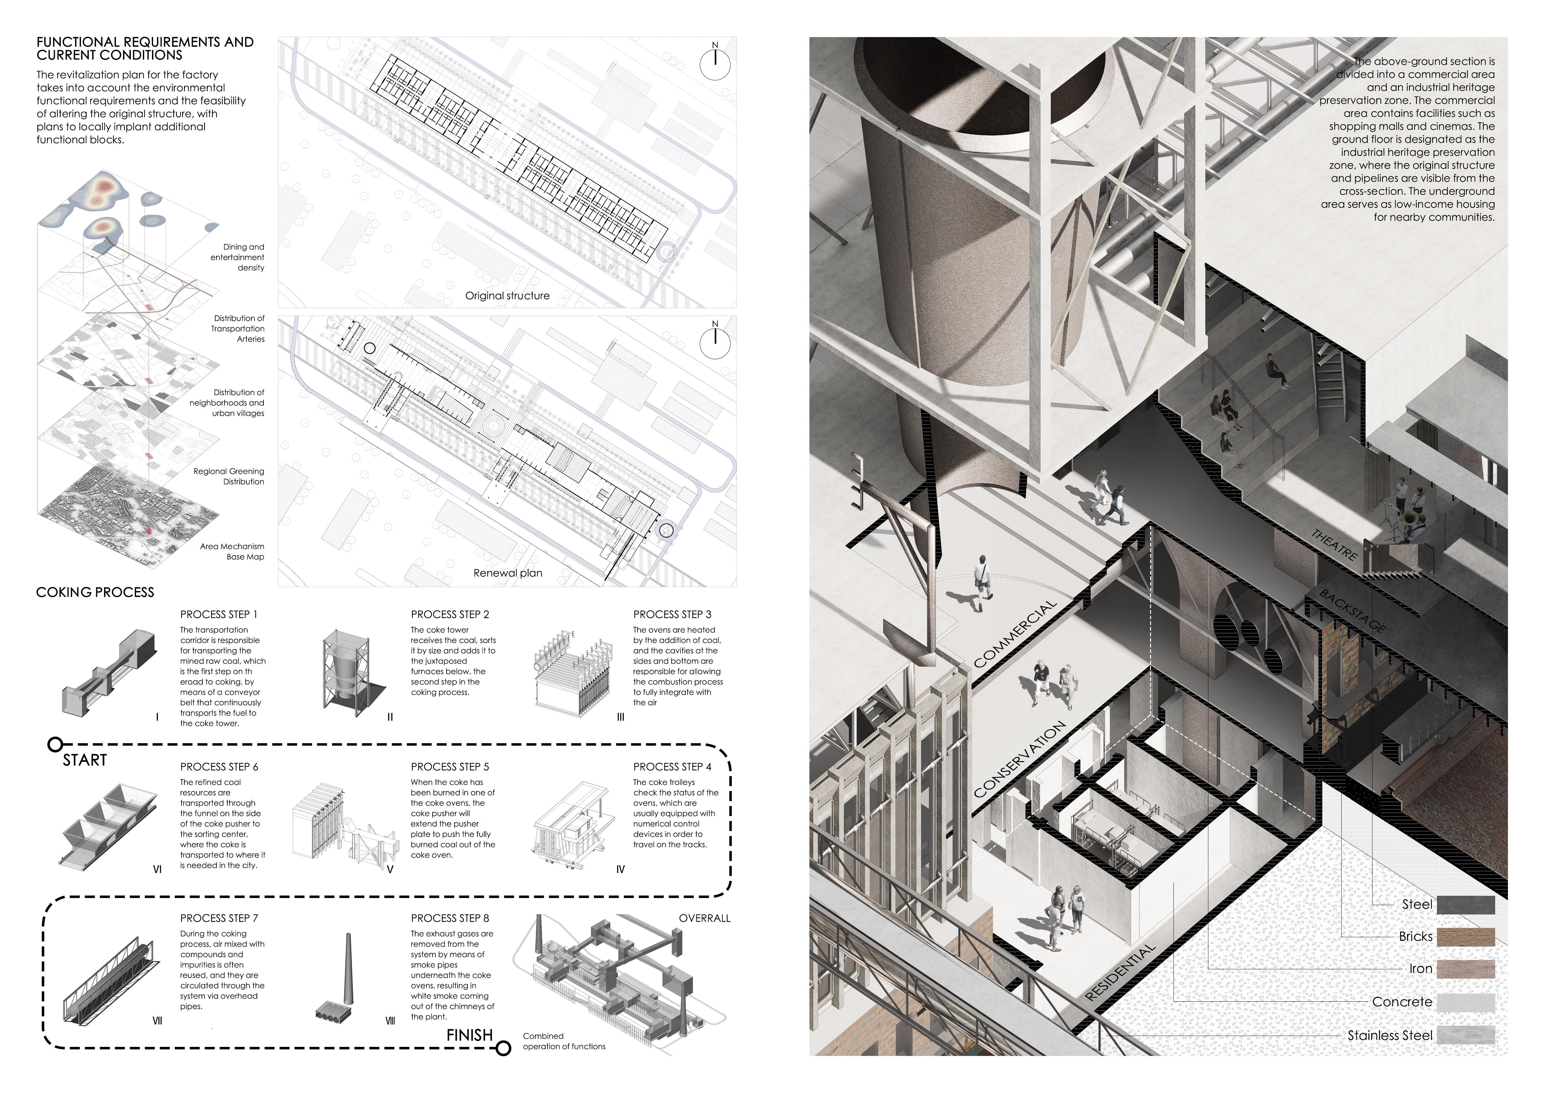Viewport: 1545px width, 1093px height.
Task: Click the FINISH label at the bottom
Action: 470,1035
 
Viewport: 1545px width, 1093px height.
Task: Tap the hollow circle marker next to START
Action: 56,744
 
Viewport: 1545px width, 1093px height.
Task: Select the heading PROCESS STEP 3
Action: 671,614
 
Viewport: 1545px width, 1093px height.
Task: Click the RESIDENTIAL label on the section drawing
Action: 1121,971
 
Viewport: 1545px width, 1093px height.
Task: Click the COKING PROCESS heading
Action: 95,592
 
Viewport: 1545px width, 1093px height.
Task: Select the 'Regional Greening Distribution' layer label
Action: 229,476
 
